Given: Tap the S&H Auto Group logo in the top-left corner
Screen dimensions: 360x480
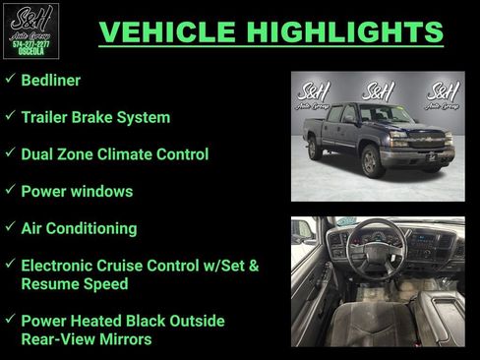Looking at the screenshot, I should coord(30,30).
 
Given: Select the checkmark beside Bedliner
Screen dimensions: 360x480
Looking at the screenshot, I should coord(9,80).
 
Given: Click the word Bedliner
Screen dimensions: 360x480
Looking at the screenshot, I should coord(51,81).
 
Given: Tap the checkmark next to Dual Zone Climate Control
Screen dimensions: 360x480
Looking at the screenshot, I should coord(9,153).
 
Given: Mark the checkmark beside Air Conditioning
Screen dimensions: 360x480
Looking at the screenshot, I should coord(9,227).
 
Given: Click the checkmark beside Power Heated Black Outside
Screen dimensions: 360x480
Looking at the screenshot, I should coord(9,320).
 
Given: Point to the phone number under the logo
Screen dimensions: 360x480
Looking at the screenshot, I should coord(30,44).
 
